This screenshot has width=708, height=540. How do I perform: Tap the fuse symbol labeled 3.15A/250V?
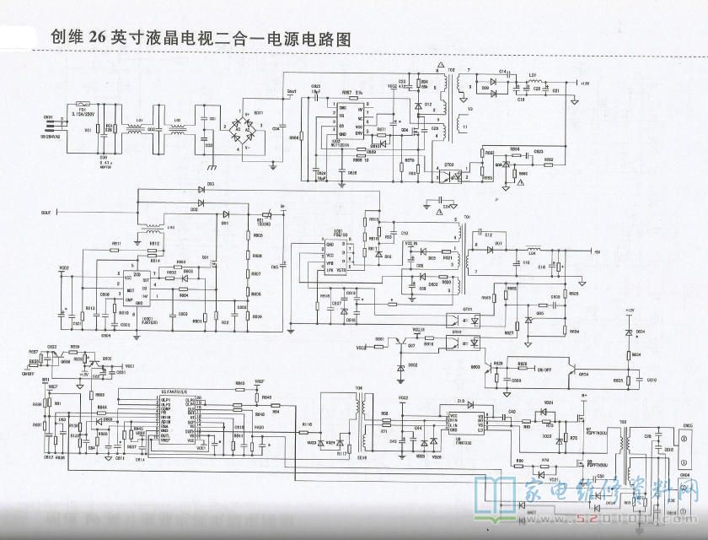82,101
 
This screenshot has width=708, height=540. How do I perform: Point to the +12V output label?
585,84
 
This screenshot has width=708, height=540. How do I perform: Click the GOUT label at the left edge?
46,213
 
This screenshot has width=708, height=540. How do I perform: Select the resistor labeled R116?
307,424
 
